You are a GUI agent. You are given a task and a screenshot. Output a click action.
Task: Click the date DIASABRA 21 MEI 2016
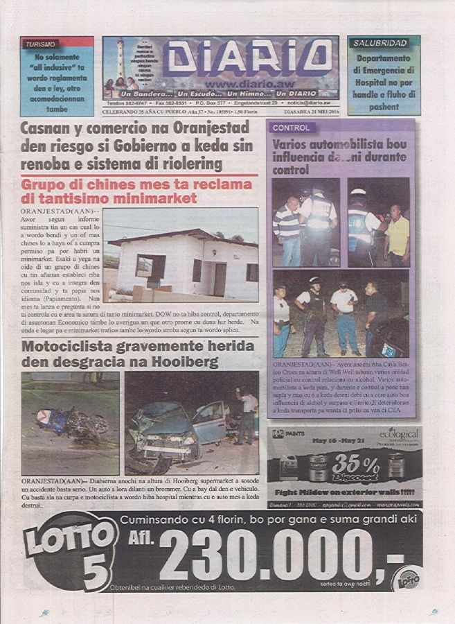(x=305, y=112)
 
